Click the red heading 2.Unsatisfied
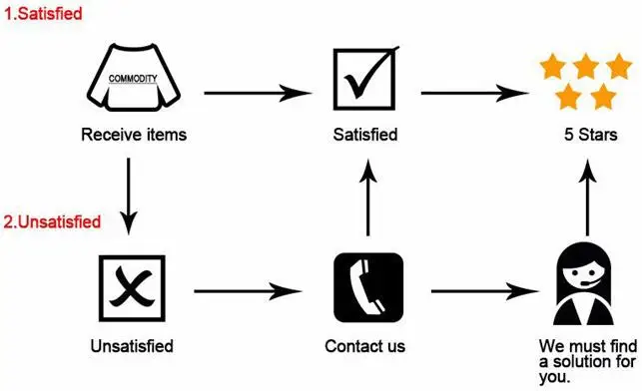tap(52, 221)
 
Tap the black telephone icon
tap(366, 290)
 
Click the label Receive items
tap(134, 135)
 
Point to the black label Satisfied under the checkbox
tap(364, 135)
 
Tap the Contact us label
tap(365, 347)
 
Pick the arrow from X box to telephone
tap(248, 291)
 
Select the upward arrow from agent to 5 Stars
tap(583, 199)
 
